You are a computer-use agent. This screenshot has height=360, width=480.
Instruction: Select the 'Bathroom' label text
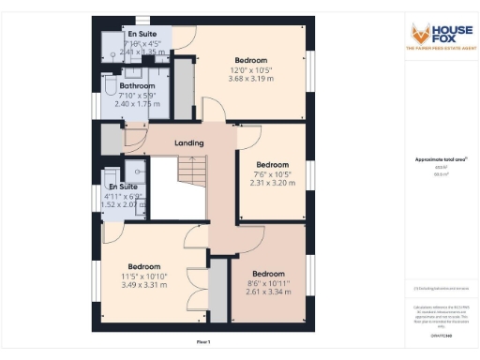[137, 86]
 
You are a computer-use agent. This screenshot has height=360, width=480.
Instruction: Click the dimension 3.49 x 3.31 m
[144, 284]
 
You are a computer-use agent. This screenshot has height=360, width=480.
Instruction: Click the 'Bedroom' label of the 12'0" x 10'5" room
[252, 59]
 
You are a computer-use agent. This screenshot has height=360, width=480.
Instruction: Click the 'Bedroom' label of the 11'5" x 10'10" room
[144, 266]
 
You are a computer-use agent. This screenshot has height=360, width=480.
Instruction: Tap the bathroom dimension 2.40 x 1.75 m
[137, 104]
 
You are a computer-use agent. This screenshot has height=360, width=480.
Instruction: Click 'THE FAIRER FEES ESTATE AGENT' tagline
[437, 47]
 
